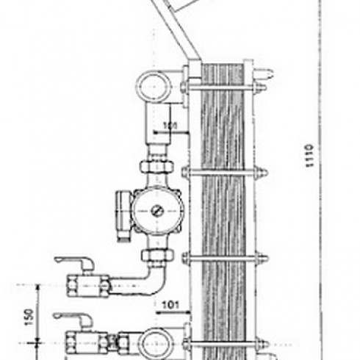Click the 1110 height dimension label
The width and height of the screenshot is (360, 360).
click(x=309, y=156)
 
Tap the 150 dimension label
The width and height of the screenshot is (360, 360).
click(x=29, y=317)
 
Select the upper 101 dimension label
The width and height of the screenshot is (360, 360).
click(x=170, y=126)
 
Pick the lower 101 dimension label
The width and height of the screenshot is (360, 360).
click(x=170, y=305)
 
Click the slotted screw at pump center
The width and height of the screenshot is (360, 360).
click(x=157, y=211)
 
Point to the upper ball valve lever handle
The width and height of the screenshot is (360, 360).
click(x=75, y=262)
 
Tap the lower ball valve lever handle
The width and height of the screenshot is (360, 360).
click(x=73, y=317)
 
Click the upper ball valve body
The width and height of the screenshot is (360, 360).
click(x=88, y=286)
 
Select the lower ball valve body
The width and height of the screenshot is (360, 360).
click(x=87, y=342)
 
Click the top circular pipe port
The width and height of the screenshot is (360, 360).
click(x=154, y=87)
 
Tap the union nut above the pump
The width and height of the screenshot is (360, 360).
click(x=157, y=167)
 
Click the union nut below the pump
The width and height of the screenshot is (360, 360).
click(x=158, y=255)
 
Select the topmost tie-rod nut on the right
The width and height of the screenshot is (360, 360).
click(x=259, y=87)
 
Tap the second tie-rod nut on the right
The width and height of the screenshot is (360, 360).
click(x=261, y=173)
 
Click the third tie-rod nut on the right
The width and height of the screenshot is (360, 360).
click(x=262, y=258)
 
